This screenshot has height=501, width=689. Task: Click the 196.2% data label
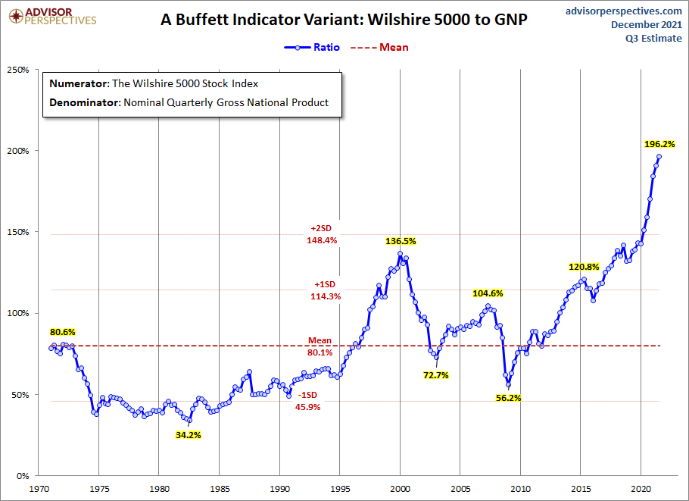[x=659, y=143]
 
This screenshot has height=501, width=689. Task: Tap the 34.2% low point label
[x=188, y=434]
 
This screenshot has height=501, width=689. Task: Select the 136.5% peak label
[x=401, y=241]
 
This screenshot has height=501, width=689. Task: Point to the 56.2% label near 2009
[x=508, y=398]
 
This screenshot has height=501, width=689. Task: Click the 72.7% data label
[x=436, y=374]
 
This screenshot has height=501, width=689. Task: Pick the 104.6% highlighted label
[x=488, y=293]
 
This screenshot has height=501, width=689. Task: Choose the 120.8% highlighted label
[x=584, y=267]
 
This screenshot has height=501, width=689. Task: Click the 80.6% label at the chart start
[x=63, y=332]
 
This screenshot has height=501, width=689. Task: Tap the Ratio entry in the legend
[x=312, y=47]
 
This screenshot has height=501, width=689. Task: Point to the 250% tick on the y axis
[x=18, y=70]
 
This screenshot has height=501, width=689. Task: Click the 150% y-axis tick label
[x=18, y=233]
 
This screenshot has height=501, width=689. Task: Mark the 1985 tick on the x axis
[x=219, y=490]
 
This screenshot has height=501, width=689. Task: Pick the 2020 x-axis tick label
[x=641, y=490]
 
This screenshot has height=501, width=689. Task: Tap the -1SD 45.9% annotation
[x=308, y=401]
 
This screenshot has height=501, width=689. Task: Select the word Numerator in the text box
[x=79, y=83]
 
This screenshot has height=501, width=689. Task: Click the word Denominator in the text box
[x=83, y=102]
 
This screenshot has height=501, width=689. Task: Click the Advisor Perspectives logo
[x=51, y=15]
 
